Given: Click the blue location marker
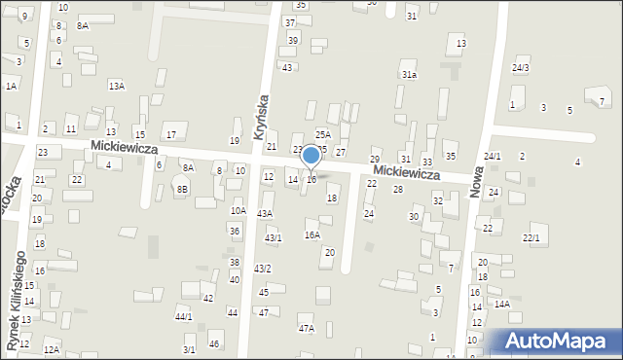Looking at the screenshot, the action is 311,156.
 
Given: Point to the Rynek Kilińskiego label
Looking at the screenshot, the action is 17,300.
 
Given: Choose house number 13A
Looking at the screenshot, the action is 117,87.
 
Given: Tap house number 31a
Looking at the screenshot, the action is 409,74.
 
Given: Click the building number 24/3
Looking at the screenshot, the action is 521,67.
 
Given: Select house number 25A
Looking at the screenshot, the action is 322,135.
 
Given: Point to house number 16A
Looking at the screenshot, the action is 312,234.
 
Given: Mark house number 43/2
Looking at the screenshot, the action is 263,269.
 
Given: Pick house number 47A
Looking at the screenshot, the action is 307,329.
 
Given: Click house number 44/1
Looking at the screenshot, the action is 183,316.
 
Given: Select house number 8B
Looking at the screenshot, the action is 183,190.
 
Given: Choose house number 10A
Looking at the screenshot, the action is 238,210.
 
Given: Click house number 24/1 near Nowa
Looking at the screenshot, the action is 493,157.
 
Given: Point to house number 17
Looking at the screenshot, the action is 170,134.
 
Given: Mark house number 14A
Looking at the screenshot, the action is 501,305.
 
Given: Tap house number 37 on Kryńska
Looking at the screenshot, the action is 290,22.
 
